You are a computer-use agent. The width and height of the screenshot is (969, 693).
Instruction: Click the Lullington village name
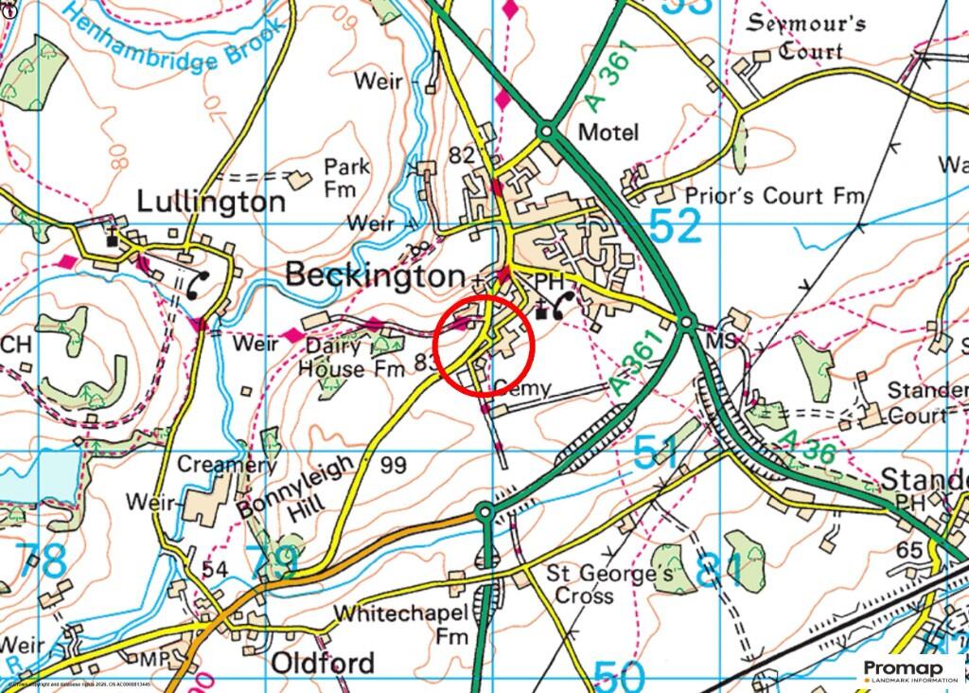211,202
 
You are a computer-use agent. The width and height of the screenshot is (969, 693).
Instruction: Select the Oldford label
323,663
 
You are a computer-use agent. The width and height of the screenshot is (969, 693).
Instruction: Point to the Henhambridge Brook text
190,47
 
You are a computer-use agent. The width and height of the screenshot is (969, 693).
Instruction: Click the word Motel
608,132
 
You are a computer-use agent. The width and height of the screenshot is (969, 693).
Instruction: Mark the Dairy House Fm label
344,358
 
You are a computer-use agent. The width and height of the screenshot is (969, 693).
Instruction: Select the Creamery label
228,465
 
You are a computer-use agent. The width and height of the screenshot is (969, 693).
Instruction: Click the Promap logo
909,670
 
